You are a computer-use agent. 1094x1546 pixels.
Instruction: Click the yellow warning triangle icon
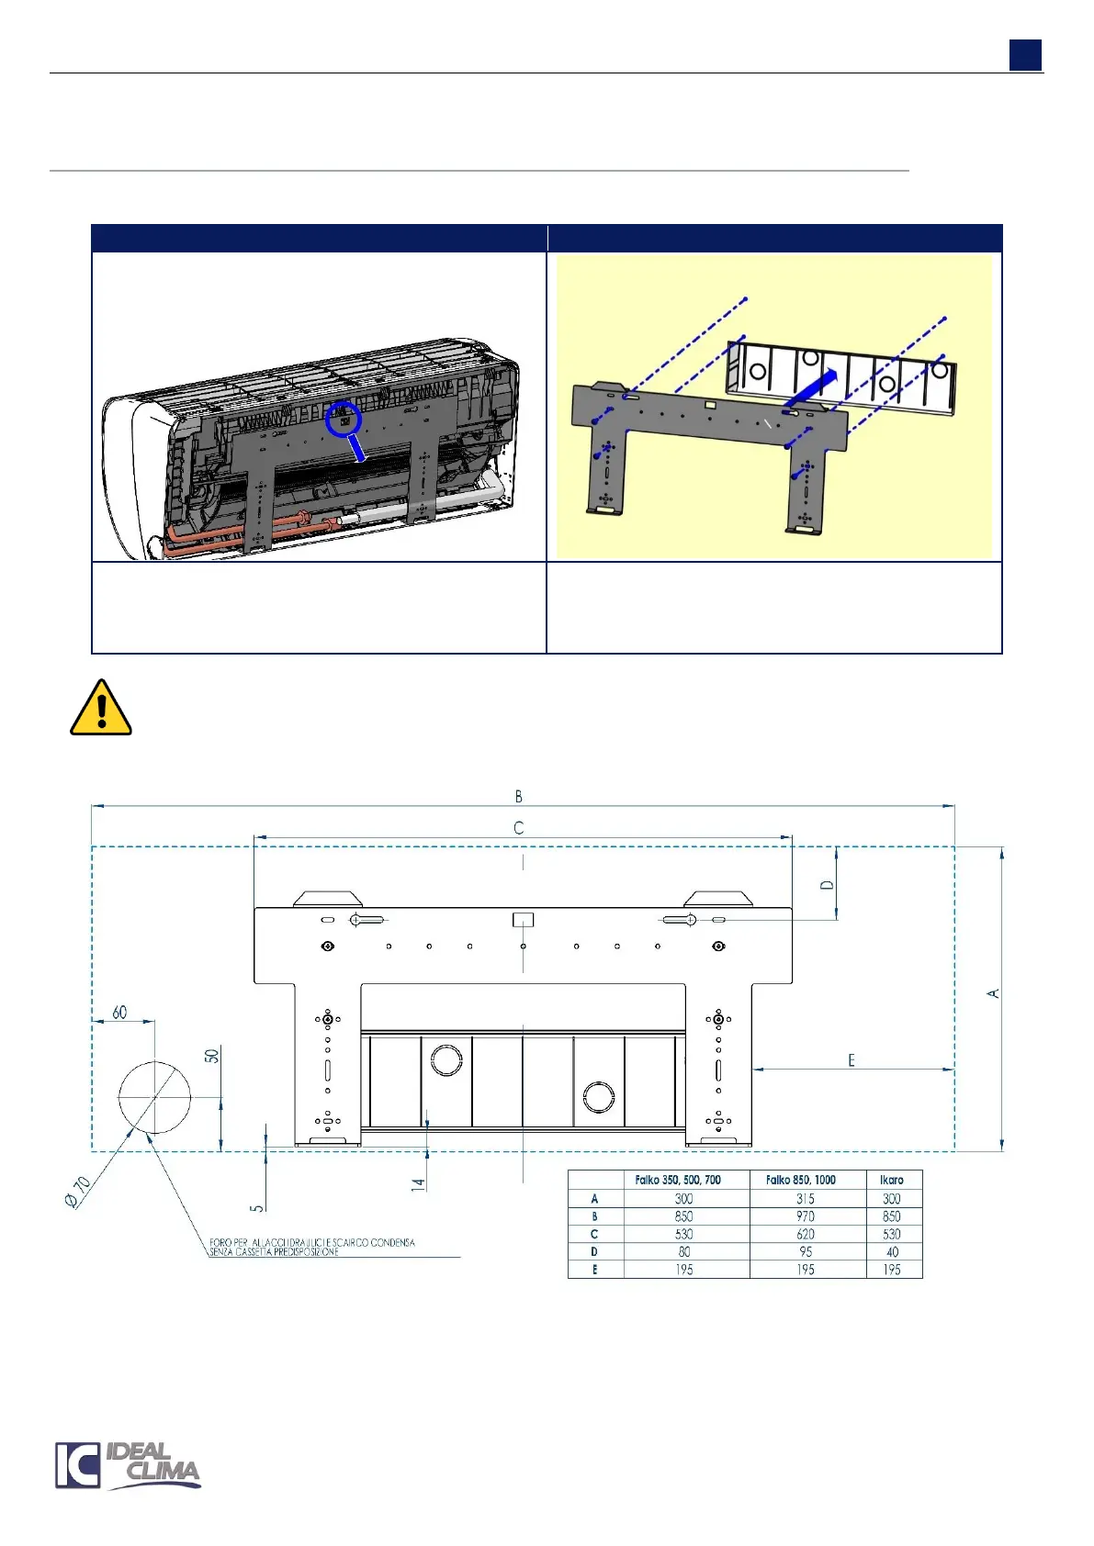pyautogui.click(x=101, y=709)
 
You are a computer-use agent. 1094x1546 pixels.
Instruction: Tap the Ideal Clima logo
pyautogui.click(x=128, y=1464)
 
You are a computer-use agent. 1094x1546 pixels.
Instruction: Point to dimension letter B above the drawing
pyautogui.click(x=519, y=796)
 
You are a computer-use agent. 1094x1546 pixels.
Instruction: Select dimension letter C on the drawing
pyautogui.click(x=519, y=828)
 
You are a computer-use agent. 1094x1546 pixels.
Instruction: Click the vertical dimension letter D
pyautogui.click(x=828, y=885)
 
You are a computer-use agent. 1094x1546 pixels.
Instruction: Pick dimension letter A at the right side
pyautogui.click(x=993, y=993)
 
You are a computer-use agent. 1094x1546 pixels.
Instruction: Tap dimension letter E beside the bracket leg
pyautogui.click(x=852, y=1060)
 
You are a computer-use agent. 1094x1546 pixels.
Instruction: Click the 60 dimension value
pyautogui.click(x=120, y=1012)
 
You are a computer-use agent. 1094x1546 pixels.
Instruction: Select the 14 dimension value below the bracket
pyautogui.click(x=419, y=1184)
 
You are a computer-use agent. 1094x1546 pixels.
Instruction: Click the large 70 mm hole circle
pyautogui.click(x=154, y=1097)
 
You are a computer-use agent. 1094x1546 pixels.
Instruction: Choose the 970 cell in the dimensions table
pyautogui.click(x=806, y=1216)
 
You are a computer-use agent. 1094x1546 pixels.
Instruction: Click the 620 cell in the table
pyautogui.click(x=806, y=1234)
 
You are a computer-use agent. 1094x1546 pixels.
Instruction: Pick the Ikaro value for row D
pyautogui.click(x=892, y=1251)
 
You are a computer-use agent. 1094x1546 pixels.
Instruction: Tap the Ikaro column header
pyautogui.click(x=892, y=1180)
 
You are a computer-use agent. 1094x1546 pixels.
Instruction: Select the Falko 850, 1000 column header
pyautogui.click(x=801, y=1180)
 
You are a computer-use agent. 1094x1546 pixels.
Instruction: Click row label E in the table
pyautogui.click(x=594, y=1270)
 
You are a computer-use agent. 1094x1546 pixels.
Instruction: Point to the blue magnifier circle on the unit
pyautogui.click(x=344, y=419)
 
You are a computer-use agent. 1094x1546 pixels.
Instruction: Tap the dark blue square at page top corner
pyautogui.click(x=1025, y=55)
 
